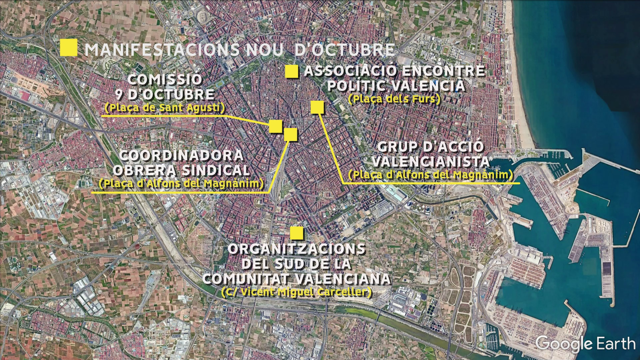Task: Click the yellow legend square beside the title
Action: coord(68,48)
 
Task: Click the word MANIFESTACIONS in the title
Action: coord(162,50)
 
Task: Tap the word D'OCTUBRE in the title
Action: coord(344,50)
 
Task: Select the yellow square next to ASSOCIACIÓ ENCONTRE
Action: coord(292,71)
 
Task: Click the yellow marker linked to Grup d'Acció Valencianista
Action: coord(317,107)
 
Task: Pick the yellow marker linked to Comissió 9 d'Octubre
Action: coord(276,126)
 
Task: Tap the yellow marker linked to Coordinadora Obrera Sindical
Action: coord(290,134)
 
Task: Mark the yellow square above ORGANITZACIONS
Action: coord(296,233)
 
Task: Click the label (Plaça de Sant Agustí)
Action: coord(165,108)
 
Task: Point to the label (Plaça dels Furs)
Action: coord(394,99)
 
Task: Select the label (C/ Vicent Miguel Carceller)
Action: coord(296,292)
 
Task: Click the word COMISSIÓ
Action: coord(165,79)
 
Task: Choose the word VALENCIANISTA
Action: coord(430,162)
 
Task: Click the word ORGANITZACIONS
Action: coord(296,249)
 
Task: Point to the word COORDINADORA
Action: coord(181,155)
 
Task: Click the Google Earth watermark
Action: coord(585,343)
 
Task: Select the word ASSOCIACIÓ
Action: coord(350,71)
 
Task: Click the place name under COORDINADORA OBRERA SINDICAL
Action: coord(181,184)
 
